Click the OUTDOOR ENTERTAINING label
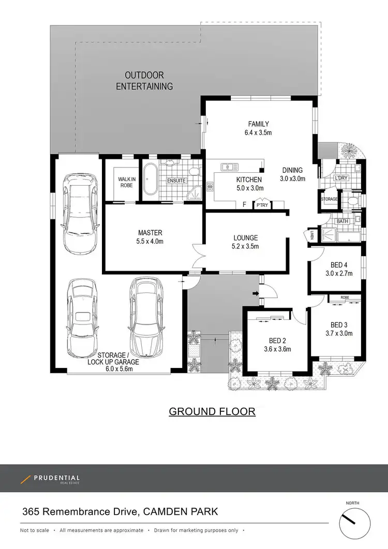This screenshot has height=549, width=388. point(144,81)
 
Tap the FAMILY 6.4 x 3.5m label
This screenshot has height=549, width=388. point(259,128)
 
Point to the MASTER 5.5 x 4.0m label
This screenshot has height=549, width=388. point(150,237)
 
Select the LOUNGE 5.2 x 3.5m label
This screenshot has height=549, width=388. point(245,242)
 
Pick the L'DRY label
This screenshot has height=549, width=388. point(341,178)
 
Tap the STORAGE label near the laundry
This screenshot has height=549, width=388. point(329,199)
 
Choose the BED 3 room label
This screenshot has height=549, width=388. point(341,329)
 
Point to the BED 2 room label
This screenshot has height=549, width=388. point(277,345)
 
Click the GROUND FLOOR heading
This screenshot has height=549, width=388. point(212,411)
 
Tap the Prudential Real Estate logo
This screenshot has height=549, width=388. point(50,479)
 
